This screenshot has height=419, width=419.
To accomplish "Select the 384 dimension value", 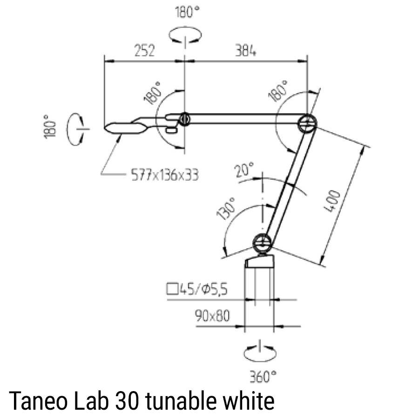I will (x=244, y=51).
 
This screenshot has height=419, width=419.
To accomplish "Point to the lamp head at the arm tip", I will (x=125, y=127).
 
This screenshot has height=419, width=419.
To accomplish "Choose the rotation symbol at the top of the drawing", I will (x=185, y=35).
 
